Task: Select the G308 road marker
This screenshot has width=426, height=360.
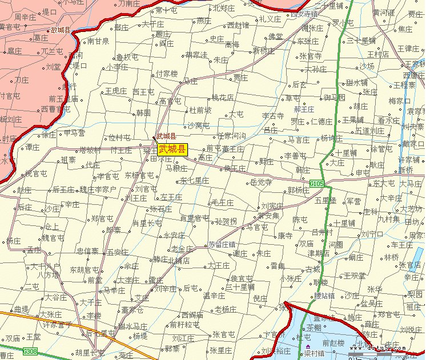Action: pos(30,351)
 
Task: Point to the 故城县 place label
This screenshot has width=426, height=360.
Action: pos(60,30)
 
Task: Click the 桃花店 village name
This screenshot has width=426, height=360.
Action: pos(223,98)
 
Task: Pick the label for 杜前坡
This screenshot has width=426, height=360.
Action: pos(200,110)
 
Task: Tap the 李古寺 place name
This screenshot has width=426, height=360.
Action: pos(272,116)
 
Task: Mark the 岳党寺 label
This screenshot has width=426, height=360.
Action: pos(261,183)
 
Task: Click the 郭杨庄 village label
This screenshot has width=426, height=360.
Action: pos(298,190)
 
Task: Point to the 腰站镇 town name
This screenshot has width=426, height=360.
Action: pos(324,296)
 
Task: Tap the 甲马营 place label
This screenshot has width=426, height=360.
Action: pos(74,132)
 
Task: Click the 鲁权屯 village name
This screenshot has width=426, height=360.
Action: pos(127,57)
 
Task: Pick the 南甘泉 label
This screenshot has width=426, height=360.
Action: pos(98,41)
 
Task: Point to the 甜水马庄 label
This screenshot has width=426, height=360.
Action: pos(132,326)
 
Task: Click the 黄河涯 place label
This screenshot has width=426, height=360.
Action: pos(383,13)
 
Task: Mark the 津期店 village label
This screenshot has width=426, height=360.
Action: pos(319,253)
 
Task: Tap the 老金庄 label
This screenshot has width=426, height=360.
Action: pos(182,249)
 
